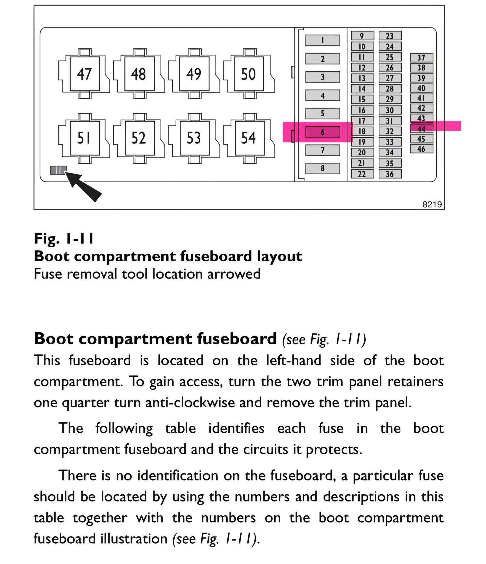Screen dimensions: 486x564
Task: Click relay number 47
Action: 84,74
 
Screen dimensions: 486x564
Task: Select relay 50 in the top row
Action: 249,74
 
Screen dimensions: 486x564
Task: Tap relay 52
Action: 139,138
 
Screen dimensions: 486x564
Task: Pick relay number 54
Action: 249,138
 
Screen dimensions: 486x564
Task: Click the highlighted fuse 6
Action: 323,132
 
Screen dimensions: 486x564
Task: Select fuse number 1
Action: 323,40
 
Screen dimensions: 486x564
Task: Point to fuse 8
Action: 323,168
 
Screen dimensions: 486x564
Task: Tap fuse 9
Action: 363,36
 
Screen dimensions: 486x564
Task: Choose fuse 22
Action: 363,174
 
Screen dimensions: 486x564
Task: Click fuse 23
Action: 390,36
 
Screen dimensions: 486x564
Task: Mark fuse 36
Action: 390,174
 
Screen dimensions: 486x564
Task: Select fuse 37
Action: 422,57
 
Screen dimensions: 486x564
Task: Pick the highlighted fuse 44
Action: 422,129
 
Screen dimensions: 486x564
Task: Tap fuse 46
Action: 422,149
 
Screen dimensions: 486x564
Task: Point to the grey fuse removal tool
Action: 58,170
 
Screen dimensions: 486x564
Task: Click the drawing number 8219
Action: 432,204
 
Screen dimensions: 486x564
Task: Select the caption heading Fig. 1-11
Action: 64,238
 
